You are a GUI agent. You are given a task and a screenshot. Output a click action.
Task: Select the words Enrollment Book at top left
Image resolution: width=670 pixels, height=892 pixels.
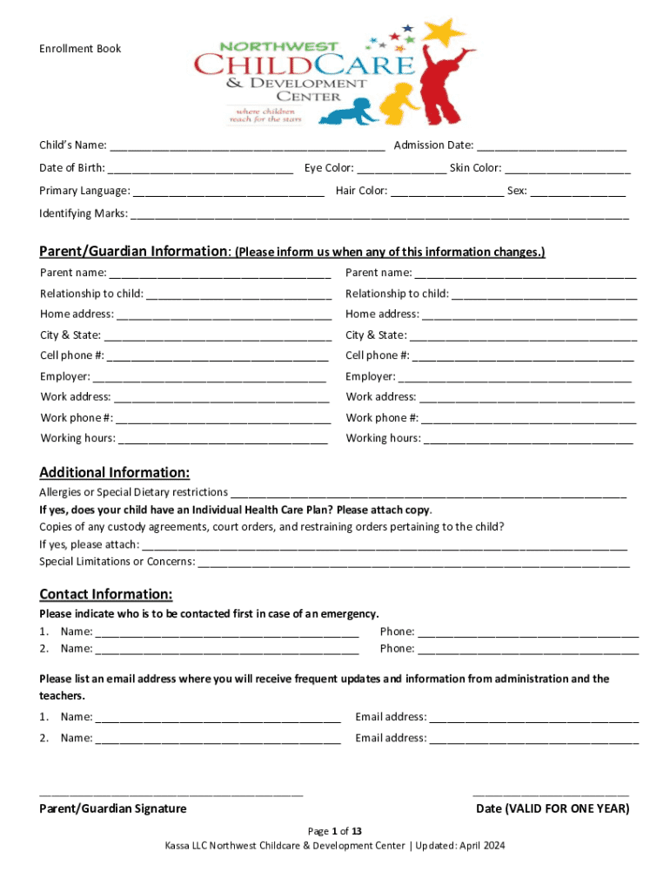[80, 49]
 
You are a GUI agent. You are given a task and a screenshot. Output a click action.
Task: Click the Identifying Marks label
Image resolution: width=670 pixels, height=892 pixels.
[84, 213]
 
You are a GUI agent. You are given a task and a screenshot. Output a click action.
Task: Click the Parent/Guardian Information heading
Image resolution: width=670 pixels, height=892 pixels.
[134, 252]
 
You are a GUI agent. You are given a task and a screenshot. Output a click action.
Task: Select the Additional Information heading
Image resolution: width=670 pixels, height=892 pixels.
[114, 473]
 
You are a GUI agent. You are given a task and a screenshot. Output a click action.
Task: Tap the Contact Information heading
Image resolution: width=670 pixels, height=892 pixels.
[105, 595]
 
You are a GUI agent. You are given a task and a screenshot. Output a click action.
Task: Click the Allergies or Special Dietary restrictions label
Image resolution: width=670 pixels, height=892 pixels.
[133, 493]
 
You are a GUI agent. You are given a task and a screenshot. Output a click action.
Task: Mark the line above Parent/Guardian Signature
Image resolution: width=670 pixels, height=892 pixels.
[171, 794]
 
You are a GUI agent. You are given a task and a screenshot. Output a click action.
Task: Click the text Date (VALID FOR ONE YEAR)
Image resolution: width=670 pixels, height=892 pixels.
[553, 808]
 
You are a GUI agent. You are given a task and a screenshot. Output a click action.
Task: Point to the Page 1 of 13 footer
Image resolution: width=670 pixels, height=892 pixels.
[335, 831]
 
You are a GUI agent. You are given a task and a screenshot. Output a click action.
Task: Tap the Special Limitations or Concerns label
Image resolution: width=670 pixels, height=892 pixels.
[117, 561]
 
